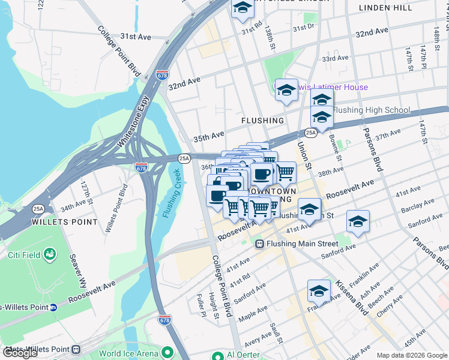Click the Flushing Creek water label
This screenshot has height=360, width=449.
click(x=171, y=194)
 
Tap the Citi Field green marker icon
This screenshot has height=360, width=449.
click(x=49, y=255)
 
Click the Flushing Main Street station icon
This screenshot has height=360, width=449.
click(x=260, y=244)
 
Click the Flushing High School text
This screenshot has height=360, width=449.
click(x=372, y=110)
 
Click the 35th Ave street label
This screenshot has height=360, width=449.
click(x=208, y=137)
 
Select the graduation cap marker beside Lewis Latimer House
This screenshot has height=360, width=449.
click(x=286, y=90)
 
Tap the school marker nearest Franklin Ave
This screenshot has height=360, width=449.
click(x=319, y=291)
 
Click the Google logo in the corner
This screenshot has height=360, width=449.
click(x=20, y=353)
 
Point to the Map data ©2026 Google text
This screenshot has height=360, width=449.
click(x=411, y=355)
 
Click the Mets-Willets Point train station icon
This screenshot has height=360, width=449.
click(x=76, y=349)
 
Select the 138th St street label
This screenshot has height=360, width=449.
click(x=269, y=37)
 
